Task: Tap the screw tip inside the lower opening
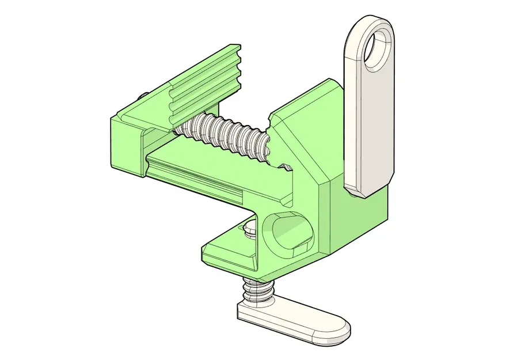pos(249,229)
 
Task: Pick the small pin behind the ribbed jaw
pos(142,96)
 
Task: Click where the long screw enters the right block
pos(266,144)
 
